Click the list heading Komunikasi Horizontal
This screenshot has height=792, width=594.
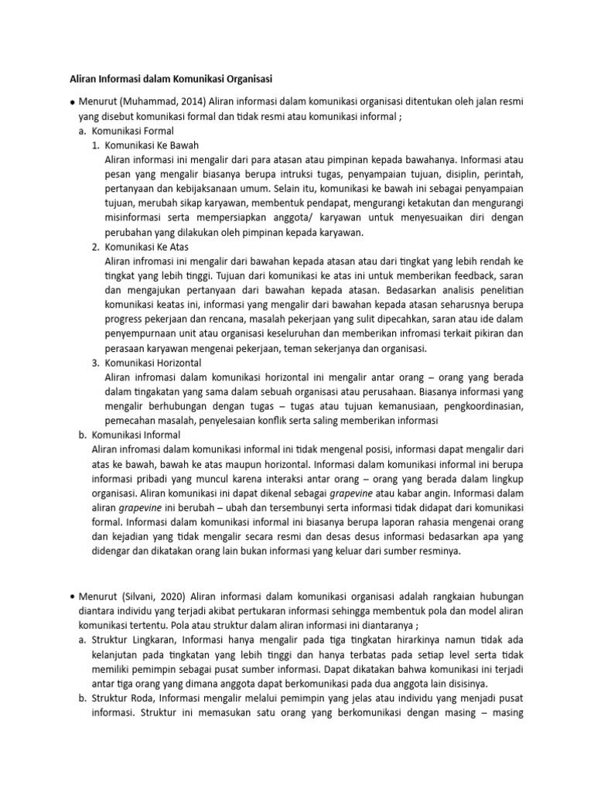(x=153, y=363)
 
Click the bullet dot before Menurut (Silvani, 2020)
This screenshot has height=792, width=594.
(x=71, y=596)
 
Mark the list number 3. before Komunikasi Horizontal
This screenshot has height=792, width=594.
(x=95, y=363)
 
